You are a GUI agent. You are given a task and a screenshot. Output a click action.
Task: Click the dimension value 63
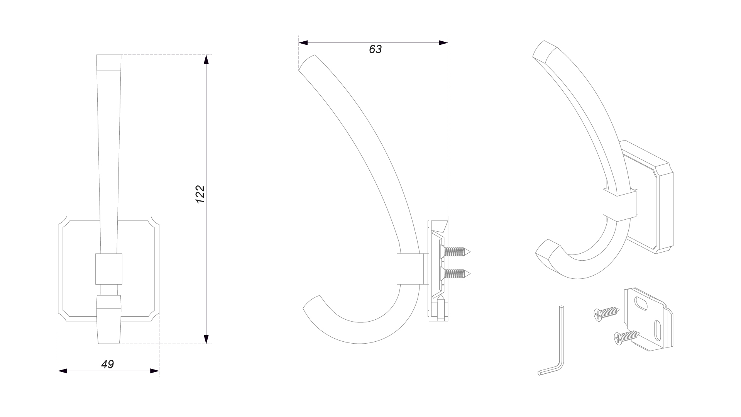tap(375, 49)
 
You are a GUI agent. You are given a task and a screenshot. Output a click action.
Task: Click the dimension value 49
tap(108, 364)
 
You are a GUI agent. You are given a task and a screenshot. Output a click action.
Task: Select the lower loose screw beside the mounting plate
tap(626, 337)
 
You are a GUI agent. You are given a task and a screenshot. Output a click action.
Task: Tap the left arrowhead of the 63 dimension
tap(303, 43)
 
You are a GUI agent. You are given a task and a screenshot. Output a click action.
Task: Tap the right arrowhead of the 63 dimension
tap(443, 43)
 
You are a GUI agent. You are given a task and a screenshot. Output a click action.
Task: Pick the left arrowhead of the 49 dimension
tap(63, 371)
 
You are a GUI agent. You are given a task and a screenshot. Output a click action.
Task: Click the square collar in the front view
tap(109, 269)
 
